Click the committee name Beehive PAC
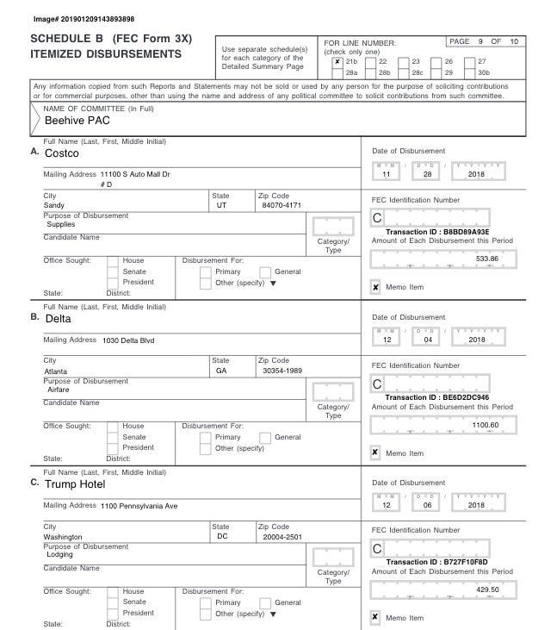tap(77, 121)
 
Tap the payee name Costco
tap(62, 153)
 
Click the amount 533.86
tap(487, 258)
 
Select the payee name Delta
tap(58, 318)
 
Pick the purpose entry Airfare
tap(59, 390)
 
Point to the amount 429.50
tap(487, 589)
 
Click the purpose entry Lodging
tap(59, 554)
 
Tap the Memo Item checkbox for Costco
tap(375, 287)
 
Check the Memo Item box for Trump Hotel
tap(375, 617)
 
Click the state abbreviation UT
tap(221, 205)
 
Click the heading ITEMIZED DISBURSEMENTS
tap(106, 55)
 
